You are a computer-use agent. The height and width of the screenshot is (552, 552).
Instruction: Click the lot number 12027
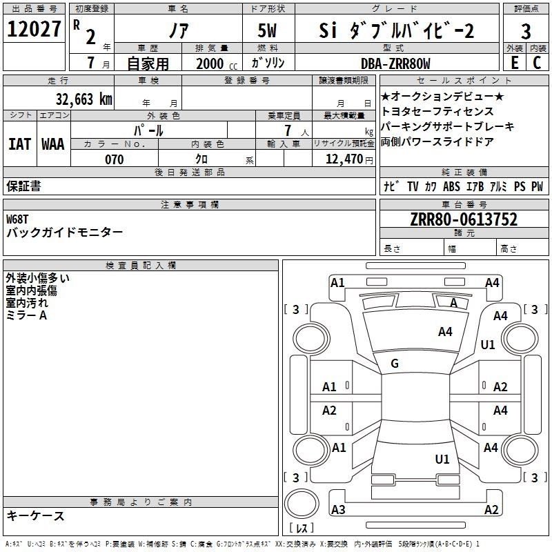pyautogui.click(x=34, y=29)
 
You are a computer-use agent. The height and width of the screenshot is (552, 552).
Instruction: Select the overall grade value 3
pyautogui.click(x=526, y=31)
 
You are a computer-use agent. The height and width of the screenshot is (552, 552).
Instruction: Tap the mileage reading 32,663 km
pyautogui.click(x=84, y=99)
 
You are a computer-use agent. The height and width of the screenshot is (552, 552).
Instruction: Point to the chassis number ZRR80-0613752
pyautogui.click(x=464, y=219)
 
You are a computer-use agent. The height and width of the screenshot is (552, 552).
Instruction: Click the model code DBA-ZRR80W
pyautogui.click(x=395, y=63)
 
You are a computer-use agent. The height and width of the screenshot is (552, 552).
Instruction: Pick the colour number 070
pyautogui.click(x=115, y=159)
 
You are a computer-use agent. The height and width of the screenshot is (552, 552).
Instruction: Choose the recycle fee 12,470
pyautogui.click(x=344, y=159)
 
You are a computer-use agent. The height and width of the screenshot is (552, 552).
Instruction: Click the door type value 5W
pyautogui.click(x=267, y=30)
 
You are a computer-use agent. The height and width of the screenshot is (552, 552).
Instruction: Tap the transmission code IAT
pyautogui.click(x=20, y=144)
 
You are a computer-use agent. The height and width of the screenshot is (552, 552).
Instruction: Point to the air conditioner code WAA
pyautogui.click(x=53, y=144)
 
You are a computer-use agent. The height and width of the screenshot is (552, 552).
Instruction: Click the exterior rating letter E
pyautogui.click(x=515, y=63)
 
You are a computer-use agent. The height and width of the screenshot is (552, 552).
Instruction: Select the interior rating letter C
pyautogui.click(x=537, y=63)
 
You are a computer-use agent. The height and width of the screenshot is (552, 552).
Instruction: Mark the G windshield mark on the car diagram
pyautogui.click(x=395, y=364)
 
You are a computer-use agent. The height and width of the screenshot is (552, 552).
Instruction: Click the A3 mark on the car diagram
pyautogui.click(x=338, y=509)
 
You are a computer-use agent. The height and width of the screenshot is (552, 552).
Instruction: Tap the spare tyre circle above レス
pyautogui.click(x=302, y=504)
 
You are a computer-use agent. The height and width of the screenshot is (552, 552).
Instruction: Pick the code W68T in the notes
pyautogui.click(x=17, y=219)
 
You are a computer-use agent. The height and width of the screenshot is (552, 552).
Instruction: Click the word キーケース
pyautogui.click(x=36, y=516)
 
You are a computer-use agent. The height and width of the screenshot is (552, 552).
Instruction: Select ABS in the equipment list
pyautogui.click(x=451, y=186)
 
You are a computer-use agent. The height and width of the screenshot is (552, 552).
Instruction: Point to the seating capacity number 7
pyautogui.click(x=288, y=130)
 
